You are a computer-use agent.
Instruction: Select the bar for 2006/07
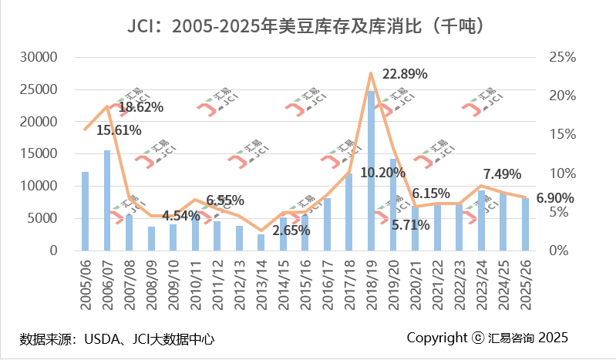(107, 200)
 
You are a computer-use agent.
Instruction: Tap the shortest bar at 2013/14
(261, 242)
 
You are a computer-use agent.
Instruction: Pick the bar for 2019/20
(393, 204)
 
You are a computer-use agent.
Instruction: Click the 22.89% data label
(405, 74)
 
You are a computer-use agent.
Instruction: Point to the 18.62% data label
(140, 107)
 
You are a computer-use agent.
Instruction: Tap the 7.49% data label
(502, 173)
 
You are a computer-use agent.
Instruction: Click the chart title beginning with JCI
(308, 25)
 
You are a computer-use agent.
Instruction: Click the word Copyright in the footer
(436, 338)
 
